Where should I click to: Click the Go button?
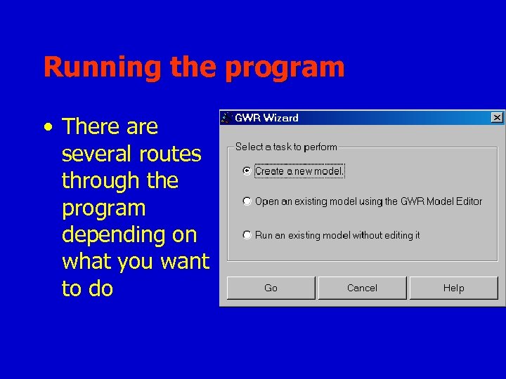(271, 288)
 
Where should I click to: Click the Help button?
(453, 288)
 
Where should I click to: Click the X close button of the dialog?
(497, 117)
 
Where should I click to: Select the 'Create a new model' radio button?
(247, 171)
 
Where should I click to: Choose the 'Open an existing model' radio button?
(247, 201)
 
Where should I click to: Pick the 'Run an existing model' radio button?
(247, 235)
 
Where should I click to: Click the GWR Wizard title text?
(266, 118)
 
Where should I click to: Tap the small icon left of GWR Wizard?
(226, 118)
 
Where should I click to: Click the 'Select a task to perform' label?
(286, 147)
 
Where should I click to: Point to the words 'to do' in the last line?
(87, 288)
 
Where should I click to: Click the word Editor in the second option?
(467, 201)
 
